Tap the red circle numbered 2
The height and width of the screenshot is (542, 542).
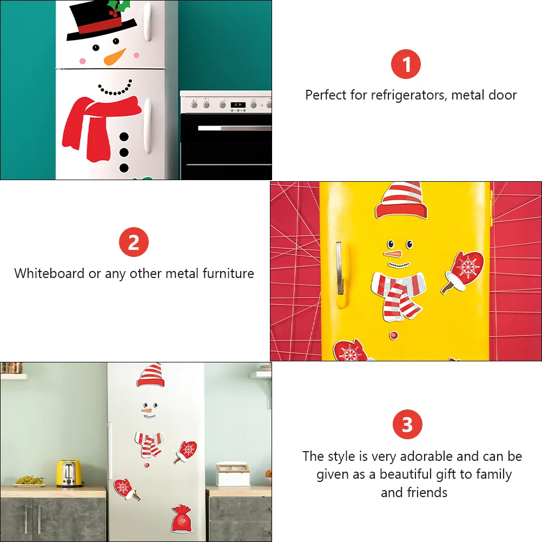click(134, 242)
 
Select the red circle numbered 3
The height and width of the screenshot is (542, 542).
click(407, 425)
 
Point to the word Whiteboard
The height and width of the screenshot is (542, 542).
click(49, 273)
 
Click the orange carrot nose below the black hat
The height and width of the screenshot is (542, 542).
click(115, 56)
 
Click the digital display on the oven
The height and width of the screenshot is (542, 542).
click(238, 104)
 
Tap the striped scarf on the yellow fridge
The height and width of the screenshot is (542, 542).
click(398, 293)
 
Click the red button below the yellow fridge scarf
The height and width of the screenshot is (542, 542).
click(393, 335)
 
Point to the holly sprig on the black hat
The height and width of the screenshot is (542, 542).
click(118, 8)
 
